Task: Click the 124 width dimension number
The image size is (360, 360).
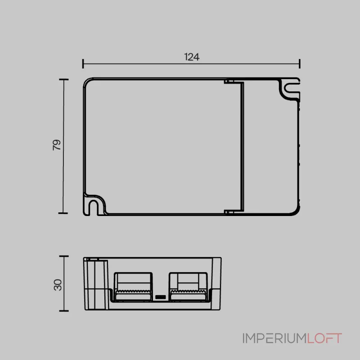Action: click(192, 57)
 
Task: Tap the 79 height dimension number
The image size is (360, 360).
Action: click(57, 145)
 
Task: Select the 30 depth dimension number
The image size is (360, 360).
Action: click(58, 285)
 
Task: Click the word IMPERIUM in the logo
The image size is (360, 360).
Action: click(274, 338)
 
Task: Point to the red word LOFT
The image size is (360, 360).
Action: click(324, 338)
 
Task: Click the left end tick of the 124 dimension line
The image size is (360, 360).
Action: click(83, 63)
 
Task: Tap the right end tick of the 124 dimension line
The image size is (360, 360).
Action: click(300, 63)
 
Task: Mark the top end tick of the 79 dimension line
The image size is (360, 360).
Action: click(64, 80)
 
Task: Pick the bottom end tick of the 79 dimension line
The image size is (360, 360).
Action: click(63, 213)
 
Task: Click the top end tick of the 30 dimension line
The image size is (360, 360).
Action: click(64, 256)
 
